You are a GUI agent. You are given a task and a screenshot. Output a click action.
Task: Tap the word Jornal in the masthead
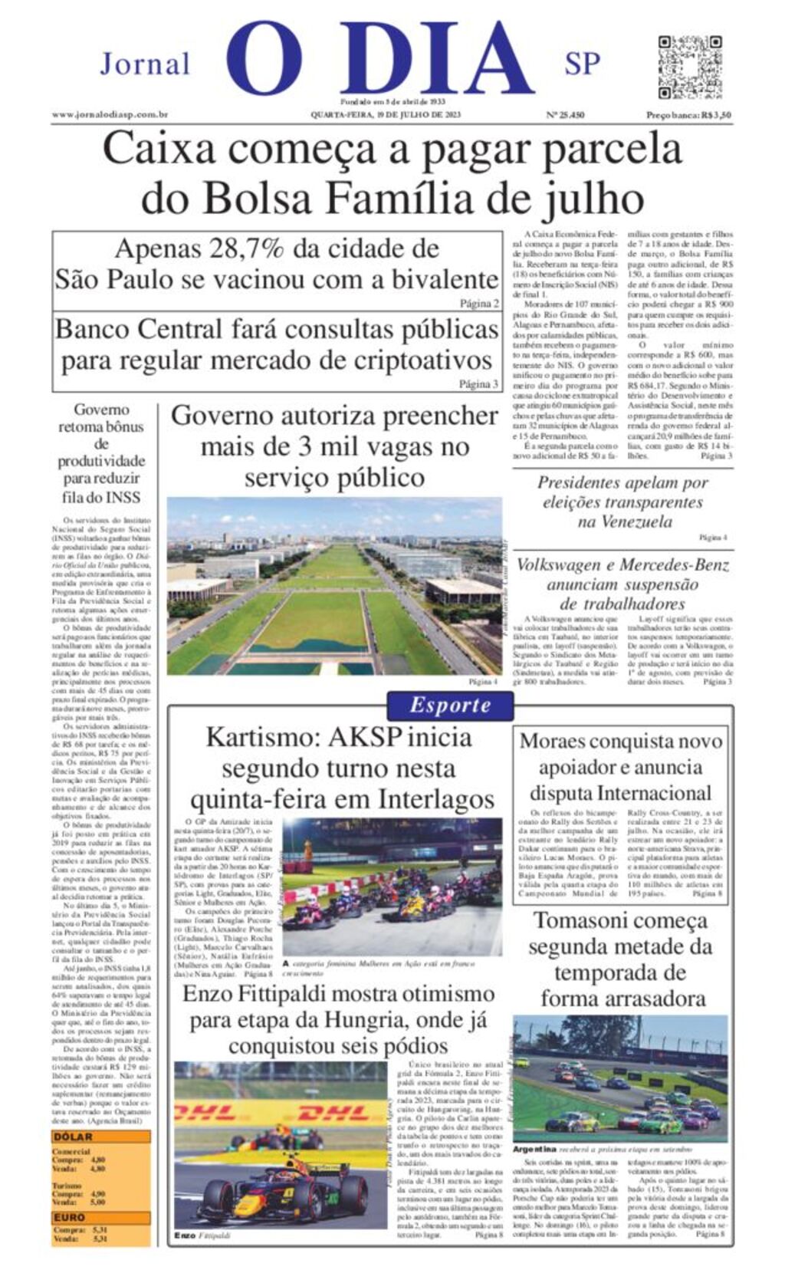click(145, 64)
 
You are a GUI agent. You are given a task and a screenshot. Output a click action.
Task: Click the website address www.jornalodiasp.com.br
click(110, 115)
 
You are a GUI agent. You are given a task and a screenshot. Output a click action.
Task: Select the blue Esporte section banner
click(449, 706)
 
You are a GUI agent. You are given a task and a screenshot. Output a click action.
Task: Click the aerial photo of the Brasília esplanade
click(334, 586)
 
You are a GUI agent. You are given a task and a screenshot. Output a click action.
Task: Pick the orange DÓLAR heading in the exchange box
click(72, 1137)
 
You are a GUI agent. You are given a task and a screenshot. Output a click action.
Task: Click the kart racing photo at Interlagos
click(392, 886)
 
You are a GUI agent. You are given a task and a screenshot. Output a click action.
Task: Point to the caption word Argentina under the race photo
click(534, 1150)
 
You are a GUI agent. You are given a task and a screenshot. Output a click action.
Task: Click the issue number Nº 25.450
click(565, 115)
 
